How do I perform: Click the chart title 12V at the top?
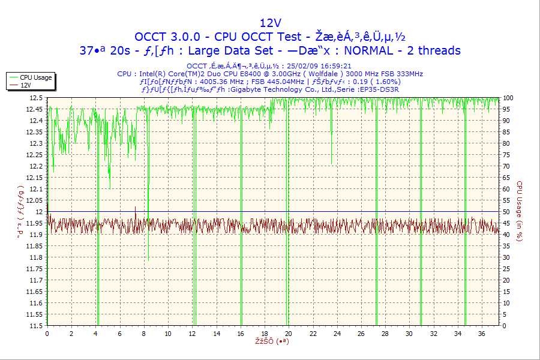pyautogui.click(x=269, y=23)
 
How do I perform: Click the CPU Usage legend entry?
pyautogui.click(x=35, y=77)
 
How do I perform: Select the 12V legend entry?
pyautogui.click(x=25, y=85)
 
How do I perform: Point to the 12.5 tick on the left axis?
pyautogui.click(x=36, y=98)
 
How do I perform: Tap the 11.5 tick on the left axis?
pyautogui.click(x=36, y=326)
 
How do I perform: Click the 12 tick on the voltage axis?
pyautogui.click(x=39, y=212)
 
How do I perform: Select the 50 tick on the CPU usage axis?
pyautogui.click(x=507, y=212)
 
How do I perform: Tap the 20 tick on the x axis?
pyautogui.click(x=288, y=334)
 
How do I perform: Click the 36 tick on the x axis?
pyautogui.click(x=481, y=334)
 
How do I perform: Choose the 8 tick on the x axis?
pyautogui.click(x=143, y=334)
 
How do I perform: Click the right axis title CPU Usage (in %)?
pyautogui.click(x=520, y=212)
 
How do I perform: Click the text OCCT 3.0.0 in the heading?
pyautogui.click(x=170, y=37)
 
